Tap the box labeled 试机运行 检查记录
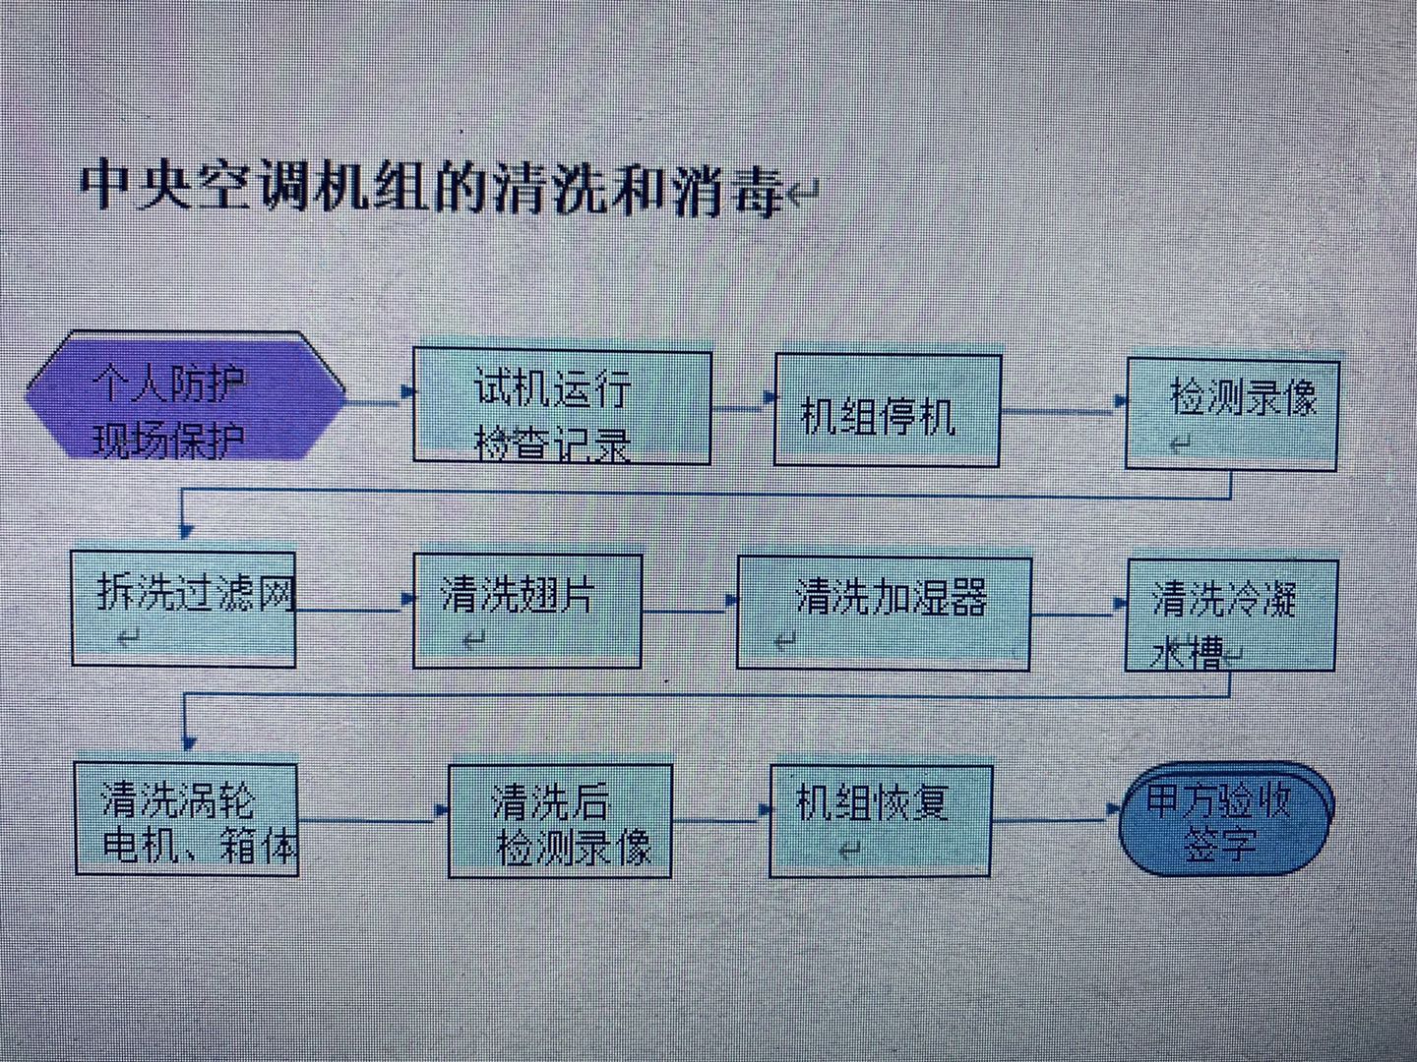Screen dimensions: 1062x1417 562,407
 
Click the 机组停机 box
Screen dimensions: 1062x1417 888,411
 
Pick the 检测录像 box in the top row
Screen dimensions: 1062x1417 1232,413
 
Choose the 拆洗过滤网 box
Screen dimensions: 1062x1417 184,609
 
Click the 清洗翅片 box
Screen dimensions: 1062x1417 527,611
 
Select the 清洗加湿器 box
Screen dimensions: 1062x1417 884,614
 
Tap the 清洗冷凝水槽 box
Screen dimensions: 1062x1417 1231,615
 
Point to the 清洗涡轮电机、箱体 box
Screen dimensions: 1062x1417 187,819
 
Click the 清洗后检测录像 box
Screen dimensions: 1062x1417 560,821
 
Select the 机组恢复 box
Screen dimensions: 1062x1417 881,820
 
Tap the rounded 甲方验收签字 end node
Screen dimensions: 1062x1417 1226,818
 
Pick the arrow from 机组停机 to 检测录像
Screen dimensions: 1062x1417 1063,406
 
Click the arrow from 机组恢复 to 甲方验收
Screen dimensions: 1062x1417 1055,816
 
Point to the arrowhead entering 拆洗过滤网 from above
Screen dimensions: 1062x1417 185,531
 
